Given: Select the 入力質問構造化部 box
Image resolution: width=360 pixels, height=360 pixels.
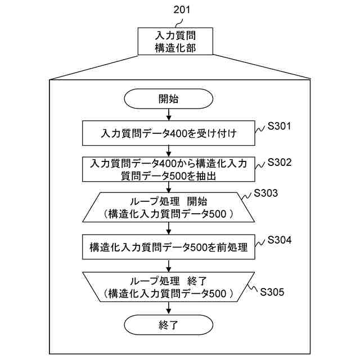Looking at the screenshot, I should (x=175, y=42).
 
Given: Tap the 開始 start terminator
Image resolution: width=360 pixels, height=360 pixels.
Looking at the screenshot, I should (x=169, y=100).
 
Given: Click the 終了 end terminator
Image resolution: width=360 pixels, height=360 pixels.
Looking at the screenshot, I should (x=169, y=325).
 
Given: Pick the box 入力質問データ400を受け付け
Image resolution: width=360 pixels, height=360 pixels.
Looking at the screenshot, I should (x=169, y=134).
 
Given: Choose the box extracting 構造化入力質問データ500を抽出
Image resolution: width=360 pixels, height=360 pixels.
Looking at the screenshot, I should (x=169, y=169).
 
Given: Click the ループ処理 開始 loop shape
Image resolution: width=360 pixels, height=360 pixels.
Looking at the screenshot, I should (x=169, y=206).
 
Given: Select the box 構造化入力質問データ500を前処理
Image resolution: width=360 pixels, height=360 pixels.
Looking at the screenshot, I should (x=169, y=246).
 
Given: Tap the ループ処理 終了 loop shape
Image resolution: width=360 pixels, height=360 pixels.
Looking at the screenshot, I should (x=169, y=286).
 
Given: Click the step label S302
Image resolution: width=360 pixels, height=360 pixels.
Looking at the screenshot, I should (x=280, y=162).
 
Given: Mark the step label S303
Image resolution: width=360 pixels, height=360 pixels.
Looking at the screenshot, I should (x=266, y=193).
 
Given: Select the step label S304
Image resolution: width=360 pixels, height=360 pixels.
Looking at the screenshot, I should (x=280, y=240).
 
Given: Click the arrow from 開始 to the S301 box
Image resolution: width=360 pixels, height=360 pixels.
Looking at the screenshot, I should (x=169, y=115).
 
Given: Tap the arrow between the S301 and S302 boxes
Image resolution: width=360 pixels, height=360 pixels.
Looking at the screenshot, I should (x=169, y=151).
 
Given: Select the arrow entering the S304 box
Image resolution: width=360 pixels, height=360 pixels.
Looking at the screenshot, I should (x=169, y=227).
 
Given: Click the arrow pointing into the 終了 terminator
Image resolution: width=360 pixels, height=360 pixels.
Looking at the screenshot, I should (x=169, y=308).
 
